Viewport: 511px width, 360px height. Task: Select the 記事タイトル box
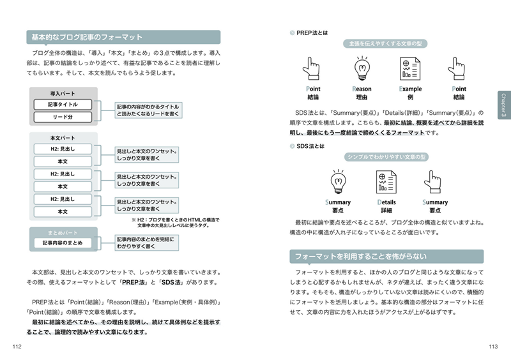[x=63, y=104]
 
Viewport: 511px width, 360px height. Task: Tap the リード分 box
[x=63, y=117]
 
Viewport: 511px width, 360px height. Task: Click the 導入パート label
[x=63, y=94]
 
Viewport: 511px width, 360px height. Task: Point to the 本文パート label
[x=63, y=138]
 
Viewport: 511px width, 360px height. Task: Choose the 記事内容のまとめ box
[x=63, y=243]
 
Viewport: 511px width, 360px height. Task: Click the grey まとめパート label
[x=63, y=232]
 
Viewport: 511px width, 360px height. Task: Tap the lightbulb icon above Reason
[x=362, y=68]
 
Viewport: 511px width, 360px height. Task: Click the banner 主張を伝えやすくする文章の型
[x=385, y=44]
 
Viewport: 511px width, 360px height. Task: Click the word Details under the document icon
[x=386, y=202]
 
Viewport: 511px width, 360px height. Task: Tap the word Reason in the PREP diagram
[x=362, y=89]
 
